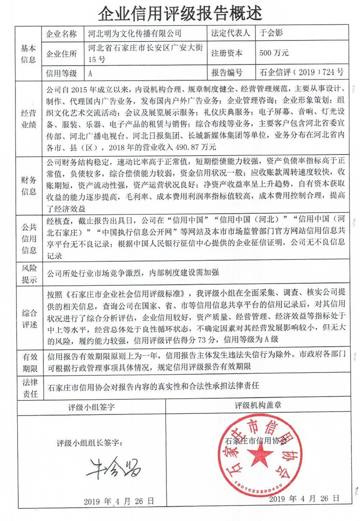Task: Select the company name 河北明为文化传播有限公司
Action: [132, 33]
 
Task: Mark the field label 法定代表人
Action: [232, 33]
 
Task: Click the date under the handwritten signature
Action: [119, 501]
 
